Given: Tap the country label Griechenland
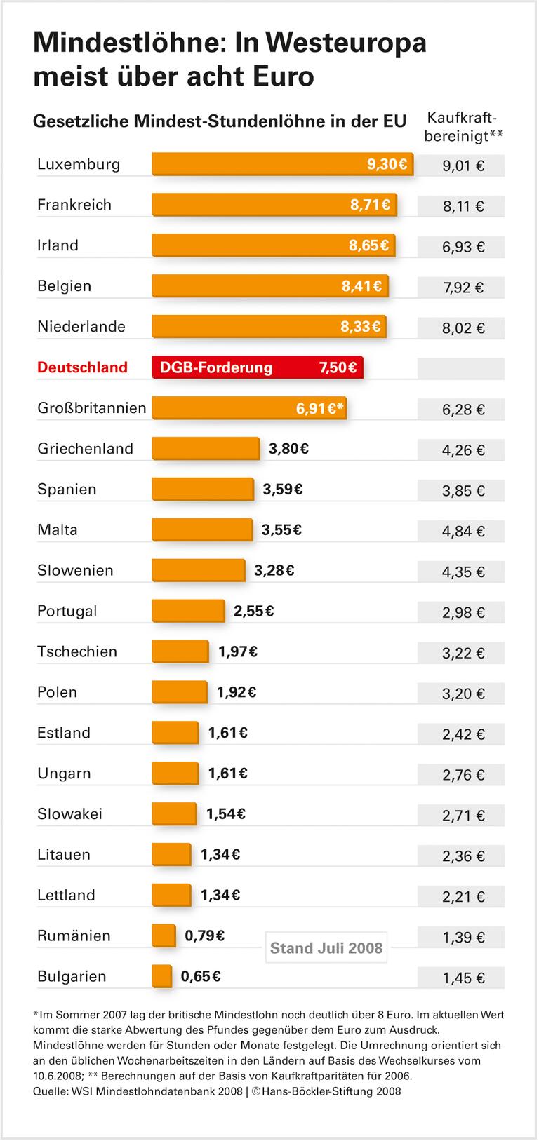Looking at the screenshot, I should (x=85, y=449).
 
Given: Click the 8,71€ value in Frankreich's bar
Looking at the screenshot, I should (x=370, y=205).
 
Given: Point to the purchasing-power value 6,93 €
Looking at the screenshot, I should (x=463, y=247).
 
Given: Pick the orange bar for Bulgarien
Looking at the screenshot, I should (x=161, y=976).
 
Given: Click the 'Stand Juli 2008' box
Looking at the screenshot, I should (x=326, y=949).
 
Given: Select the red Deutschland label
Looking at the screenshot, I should (x=82, y=367).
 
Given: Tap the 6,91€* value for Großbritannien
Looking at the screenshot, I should (x=321, y=409).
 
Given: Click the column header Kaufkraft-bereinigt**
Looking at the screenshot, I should (x=464, y=127).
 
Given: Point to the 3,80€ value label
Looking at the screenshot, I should (x=288, y=449).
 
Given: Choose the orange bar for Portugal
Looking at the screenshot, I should (x=188, y=611).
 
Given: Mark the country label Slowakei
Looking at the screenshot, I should (x=69, y=814).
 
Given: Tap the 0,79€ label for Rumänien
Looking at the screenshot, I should (x=204, y=936).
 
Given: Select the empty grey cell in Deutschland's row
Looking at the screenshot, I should (x=461, y=368).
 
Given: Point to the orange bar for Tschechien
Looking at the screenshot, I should (x=180, y=651).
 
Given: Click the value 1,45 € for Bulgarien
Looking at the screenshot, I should (x=463, y=978).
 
